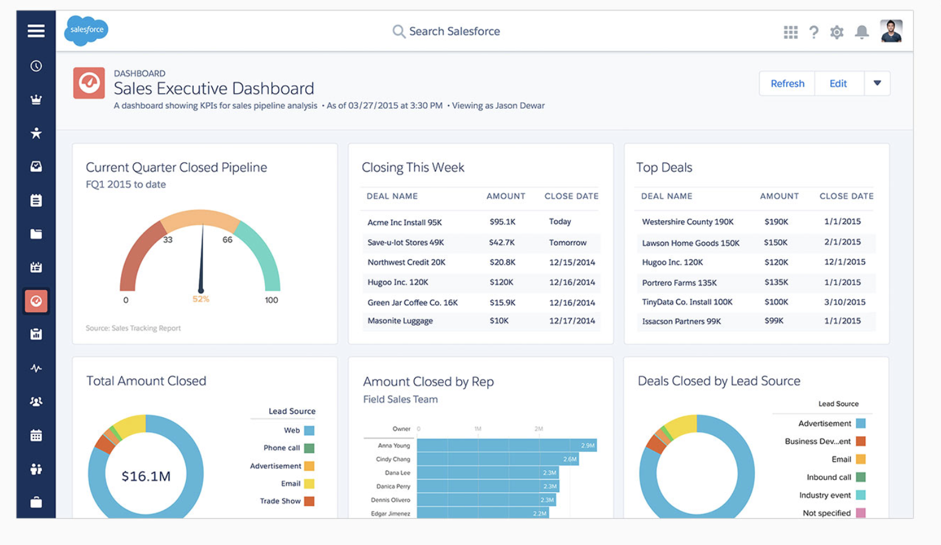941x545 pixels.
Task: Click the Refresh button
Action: pyautogui.click(x=787, y=84)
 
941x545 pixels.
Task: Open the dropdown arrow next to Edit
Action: pyautogui.click(x=877, y=83)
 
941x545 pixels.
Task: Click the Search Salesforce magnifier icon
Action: pyautogui.click(x=399, y=32)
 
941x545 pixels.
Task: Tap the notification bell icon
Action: pyautogui.click(x=861, y=32)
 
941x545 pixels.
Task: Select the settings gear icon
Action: pyautogui.click(x=837, y=32)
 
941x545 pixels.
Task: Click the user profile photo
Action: pyautogui.click(x=891, y=31)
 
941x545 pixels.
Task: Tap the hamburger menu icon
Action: pyautogui.click(x=36, y=30)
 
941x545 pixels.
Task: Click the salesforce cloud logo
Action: pyautogui.click(x=86, y=30)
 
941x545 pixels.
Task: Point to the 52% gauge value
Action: pyautogui.click(x=201, y=299)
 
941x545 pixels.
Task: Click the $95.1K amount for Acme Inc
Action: pyautogui.click(x=502, y=222)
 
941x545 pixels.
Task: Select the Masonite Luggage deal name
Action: pyautogui.click(x=400, y=321)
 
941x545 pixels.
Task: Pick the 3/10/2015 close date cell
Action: pyautogui.click(x=844, y=302)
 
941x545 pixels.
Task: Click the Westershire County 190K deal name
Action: pyautogui.click(x=688, y=222)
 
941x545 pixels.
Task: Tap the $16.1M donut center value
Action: pyautogui.click(x=146, y=476)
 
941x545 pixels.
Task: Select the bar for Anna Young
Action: pyautogui.click(x=506, y=446)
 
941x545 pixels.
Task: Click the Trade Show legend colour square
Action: pyautogui.click(x=309, y=501)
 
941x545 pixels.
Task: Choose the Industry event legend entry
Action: pyautogui.click(x=825, y=495)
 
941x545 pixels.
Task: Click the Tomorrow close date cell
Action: pyautogui.click(x=568, y=243)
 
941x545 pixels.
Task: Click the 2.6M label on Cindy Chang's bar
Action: pyautogui.click(x=570, y=459)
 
